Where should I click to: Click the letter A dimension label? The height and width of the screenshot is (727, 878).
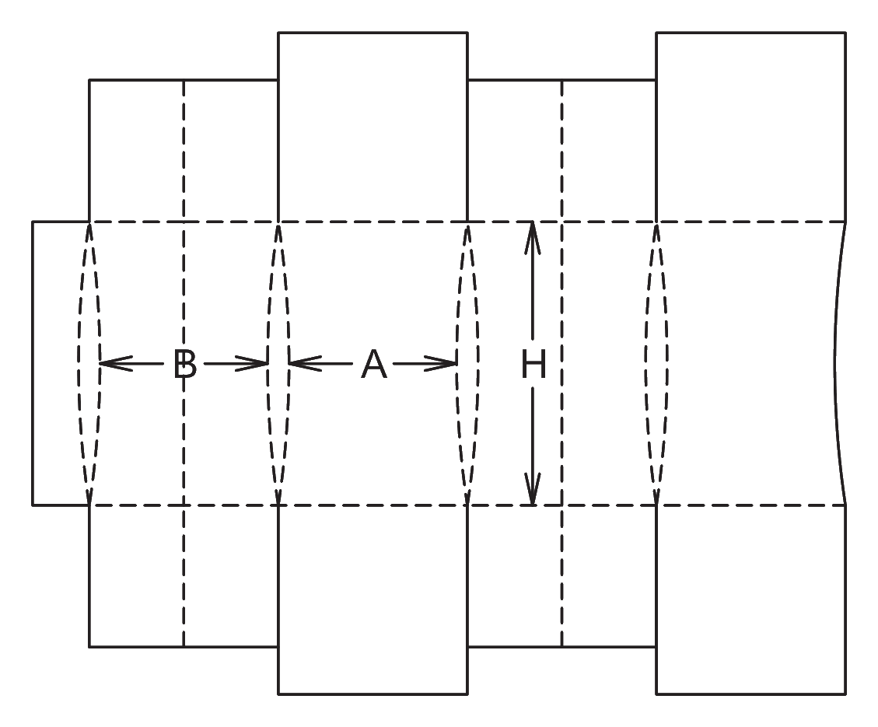(374, 364)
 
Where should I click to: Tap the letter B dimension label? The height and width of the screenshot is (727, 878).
(185, 364)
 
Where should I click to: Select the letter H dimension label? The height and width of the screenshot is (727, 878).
(533, 364)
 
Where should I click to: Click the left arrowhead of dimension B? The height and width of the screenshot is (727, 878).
(115, 363)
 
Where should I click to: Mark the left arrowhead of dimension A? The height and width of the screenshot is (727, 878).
(305, 363)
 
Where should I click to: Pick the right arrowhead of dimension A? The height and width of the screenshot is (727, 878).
(441, 363)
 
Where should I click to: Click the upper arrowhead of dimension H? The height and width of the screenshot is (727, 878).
(533, 239)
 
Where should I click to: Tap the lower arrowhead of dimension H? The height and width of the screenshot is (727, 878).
(533, 488)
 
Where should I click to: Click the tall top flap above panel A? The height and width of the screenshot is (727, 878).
(373, 127)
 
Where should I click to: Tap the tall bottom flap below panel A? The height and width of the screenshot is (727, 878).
(373, 600)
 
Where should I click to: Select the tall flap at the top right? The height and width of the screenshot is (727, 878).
(751, 127)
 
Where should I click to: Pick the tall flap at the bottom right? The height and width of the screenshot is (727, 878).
(751, 600)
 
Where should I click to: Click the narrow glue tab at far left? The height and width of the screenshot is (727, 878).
(61, 364)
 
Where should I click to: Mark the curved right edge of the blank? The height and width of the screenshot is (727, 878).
(836, 364)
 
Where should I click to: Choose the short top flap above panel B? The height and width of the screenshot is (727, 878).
(184, 151)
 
